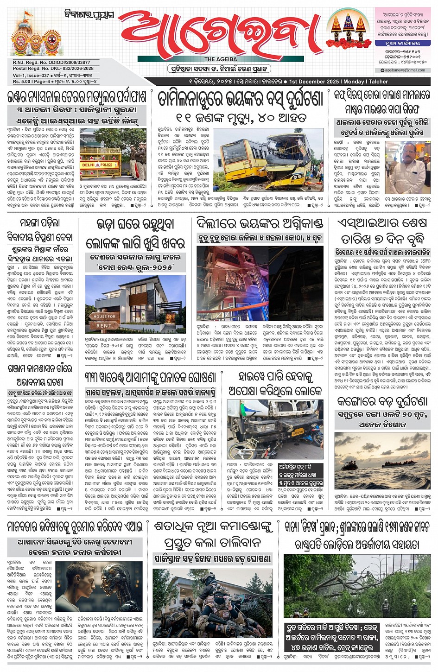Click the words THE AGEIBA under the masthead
tap(221, 59)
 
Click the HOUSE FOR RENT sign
tap(104, 321)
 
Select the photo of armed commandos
tap(213, 602)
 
